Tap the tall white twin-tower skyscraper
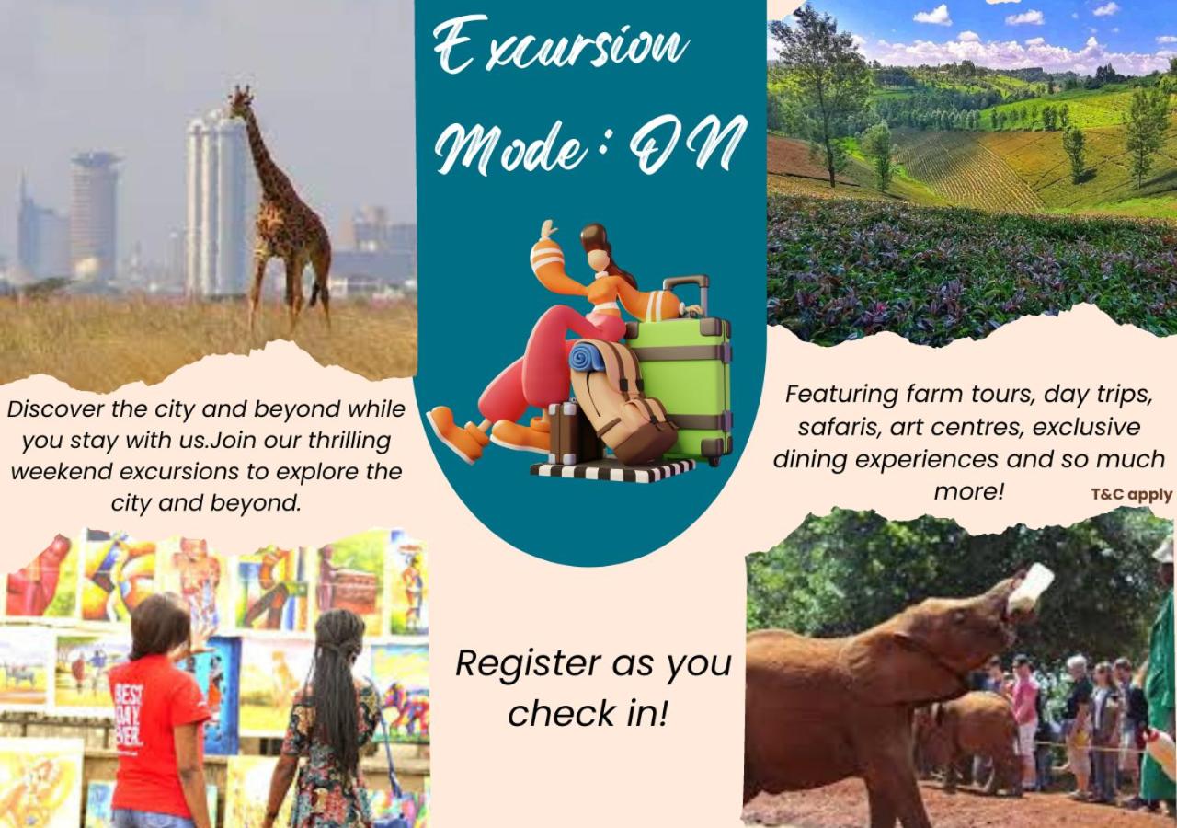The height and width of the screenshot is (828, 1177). click(216, 205)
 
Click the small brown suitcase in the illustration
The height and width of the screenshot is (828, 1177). click(564, 432)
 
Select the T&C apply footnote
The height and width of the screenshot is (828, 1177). click(1131, 495)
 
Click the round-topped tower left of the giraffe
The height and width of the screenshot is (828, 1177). click(95, 215)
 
